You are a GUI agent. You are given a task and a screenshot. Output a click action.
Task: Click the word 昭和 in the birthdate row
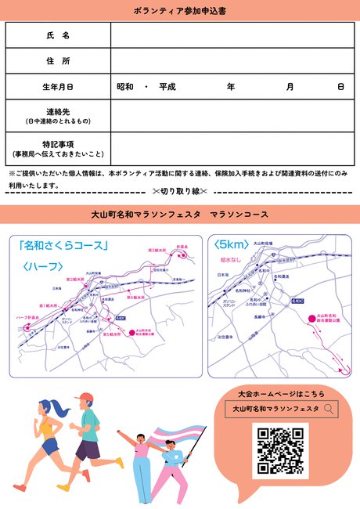click(125, 86)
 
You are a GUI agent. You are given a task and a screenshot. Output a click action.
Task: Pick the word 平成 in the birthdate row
click(167, 86)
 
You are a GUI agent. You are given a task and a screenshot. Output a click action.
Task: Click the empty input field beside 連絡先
click(232, 116)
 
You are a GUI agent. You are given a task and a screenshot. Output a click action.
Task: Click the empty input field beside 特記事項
click(232, 148)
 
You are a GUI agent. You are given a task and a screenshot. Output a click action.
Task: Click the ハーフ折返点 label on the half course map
click(28, 317)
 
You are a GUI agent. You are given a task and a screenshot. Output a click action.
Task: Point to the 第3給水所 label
click(157, 250)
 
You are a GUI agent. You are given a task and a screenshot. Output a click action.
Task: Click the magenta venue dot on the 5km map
click(311, 316)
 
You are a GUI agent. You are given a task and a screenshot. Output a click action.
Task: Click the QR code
click(280, 450)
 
